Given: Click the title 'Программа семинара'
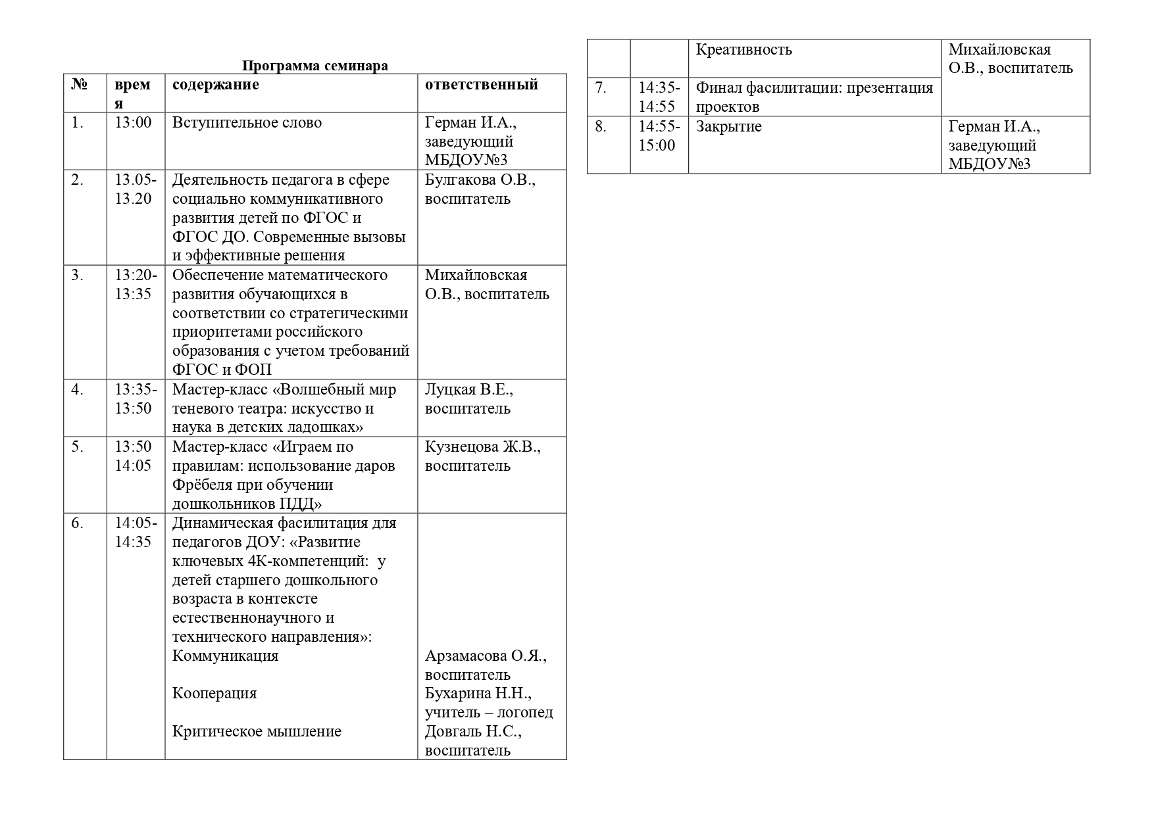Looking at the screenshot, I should click(314, 66).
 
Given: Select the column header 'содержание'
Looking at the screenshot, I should click(215, 85).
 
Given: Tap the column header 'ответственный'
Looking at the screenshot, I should click(482, 85).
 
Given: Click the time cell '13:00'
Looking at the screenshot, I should click(133, 123).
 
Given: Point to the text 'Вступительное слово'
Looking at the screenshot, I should click(247, 123).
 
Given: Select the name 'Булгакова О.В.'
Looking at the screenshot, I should click(480, 180).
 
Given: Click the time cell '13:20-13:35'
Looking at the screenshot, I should click(136, 285).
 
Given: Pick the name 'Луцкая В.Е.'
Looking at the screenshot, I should click(468, 390).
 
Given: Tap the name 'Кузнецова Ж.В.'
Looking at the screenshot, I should click(482, 447).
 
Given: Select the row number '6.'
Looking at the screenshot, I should click(78, 523).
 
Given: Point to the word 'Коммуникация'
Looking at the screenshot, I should click(225, 656).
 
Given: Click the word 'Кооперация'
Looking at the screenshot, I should click(214, 694).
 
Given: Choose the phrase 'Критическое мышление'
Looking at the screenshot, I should click(257, 732).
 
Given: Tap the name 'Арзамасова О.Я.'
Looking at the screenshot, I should click(486, 656).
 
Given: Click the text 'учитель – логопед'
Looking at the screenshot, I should click(488, 713).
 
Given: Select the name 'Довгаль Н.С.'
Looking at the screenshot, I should click(472, 732).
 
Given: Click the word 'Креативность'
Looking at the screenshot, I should click(743, 50).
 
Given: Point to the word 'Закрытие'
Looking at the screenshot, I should click(728, 127).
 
